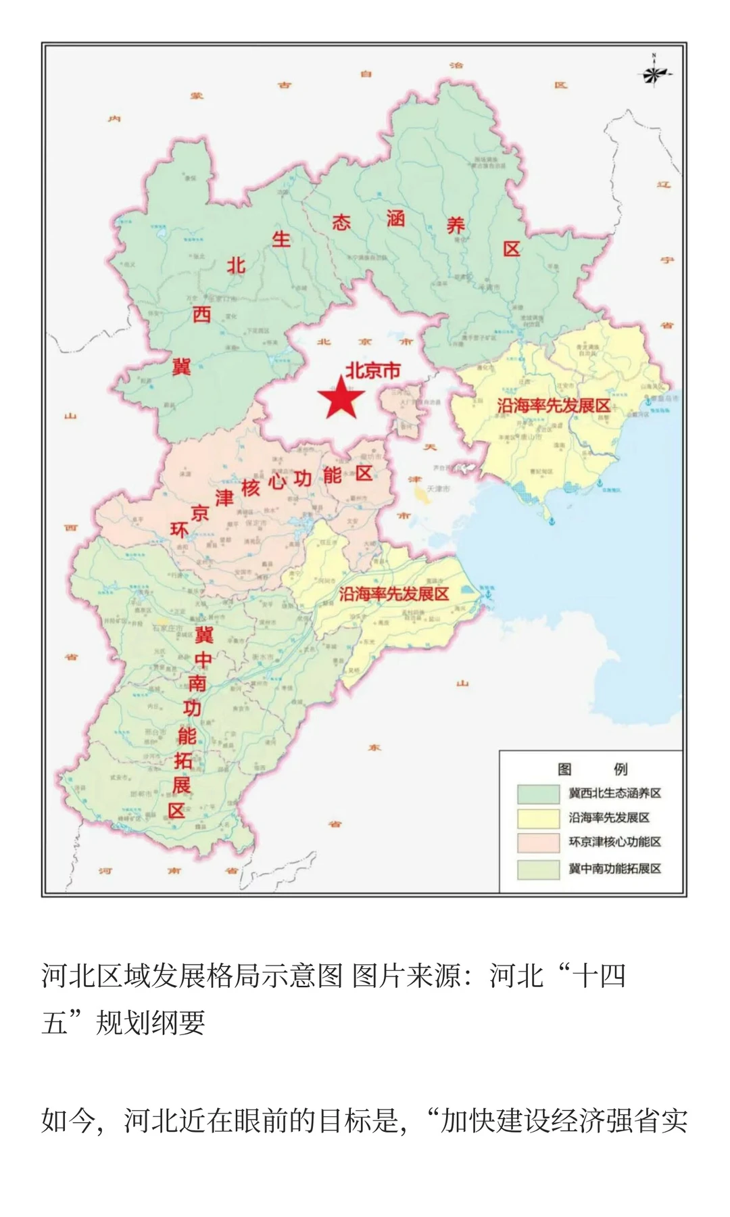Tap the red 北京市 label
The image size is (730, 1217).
point(372,371)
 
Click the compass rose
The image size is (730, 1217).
point(654,73)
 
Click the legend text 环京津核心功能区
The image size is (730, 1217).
point(614,842)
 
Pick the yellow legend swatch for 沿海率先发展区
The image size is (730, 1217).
point(538,818)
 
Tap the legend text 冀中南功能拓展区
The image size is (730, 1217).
point(614,868)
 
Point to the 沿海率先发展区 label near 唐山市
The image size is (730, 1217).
point(554,406)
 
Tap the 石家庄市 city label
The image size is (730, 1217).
point(168,628)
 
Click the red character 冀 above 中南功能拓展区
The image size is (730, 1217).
point(204,634)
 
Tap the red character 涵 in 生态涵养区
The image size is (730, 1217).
point(396,218)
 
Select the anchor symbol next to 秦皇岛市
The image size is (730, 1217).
point(647,401)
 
